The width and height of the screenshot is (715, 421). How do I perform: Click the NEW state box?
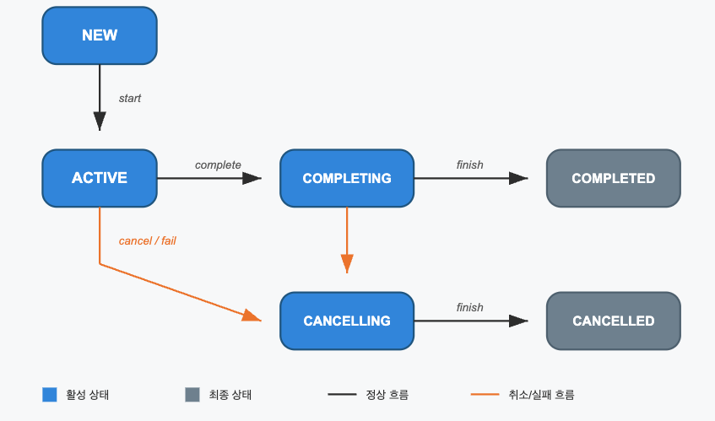click(100, 35)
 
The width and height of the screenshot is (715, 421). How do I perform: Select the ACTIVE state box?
click(100, 178)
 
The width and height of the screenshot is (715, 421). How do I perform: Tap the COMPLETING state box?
click(347, 178)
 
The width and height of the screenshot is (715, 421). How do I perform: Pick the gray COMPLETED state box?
click(614, 178)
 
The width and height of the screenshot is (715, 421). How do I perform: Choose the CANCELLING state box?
click(347, 321)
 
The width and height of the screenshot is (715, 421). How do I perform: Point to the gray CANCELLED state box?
click(614, 321)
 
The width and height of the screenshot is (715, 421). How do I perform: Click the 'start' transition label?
click(130, 99)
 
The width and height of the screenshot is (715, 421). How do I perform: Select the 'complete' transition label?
click(218, 165)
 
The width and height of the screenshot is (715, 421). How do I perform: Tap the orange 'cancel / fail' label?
click(147, 240)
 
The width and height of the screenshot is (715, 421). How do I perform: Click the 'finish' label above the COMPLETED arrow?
click(469, 165)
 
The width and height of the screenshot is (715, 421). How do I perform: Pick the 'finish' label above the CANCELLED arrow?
click(469, 308)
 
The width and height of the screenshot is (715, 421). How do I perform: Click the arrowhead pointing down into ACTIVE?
click(100, 121)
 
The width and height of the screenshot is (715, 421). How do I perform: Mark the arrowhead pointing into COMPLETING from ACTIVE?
click(252, 178)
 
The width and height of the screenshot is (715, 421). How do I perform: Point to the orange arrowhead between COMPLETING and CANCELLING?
click(347, 264)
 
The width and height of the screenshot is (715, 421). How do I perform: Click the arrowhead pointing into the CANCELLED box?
click(518, 321)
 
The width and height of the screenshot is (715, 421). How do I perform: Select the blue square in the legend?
click(50, 395)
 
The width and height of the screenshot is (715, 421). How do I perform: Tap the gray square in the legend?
click(192, 395)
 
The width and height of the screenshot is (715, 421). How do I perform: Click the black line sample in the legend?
click(342, 395)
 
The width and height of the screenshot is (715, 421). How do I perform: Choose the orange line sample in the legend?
click(485, 395)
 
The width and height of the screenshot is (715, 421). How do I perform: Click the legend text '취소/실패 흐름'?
click(541, 395)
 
